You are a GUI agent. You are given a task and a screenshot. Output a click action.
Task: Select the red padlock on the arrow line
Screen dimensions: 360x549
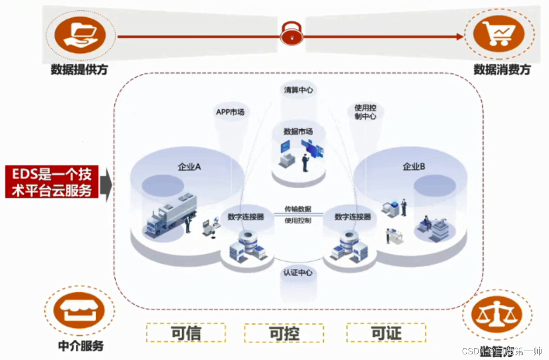291,35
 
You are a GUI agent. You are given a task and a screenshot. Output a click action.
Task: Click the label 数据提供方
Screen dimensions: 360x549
79,70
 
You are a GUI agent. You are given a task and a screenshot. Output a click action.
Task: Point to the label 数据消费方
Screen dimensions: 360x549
502,70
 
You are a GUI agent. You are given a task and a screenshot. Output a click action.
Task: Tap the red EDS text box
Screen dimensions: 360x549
52,182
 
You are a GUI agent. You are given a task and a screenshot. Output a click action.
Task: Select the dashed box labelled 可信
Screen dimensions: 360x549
185,333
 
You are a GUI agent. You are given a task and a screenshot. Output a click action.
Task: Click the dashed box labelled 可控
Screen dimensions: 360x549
284,333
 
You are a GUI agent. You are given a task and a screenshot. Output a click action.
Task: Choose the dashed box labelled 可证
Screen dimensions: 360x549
386,333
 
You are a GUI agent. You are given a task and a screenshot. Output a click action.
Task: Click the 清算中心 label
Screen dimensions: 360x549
298,90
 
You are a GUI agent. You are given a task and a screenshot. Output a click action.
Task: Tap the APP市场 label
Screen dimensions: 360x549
230,112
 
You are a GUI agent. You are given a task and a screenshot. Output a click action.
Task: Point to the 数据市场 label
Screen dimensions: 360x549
298,132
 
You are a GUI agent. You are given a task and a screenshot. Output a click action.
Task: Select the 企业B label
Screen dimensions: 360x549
414,166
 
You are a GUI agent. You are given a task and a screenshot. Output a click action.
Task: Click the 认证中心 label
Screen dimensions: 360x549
297,272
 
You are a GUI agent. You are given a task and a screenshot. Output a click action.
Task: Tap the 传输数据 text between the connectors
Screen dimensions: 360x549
297,209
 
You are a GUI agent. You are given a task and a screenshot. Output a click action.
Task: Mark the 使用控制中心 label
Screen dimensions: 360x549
365,112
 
